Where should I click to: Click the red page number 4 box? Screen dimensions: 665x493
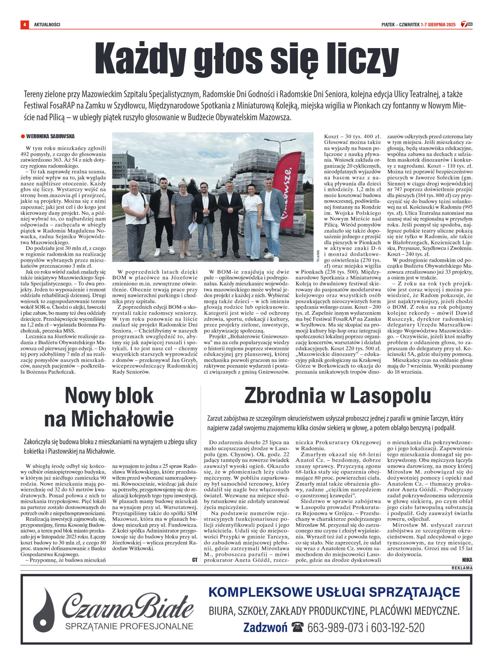click(x=25, y=24)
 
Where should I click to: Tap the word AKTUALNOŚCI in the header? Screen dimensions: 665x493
click(x=47, y=25)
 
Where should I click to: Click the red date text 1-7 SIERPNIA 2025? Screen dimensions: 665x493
click(x=438, y=25)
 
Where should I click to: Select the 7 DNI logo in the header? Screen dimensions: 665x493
click(x=466, y=24)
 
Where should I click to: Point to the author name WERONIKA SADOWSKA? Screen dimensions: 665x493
click(x=50, y=136)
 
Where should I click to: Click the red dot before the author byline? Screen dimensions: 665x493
click(x=23, y=137)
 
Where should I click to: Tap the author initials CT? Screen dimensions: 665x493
click(x=195, y=560)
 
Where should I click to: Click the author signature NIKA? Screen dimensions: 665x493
click(x=467, y=560)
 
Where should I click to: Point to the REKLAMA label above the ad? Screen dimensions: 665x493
click(x=462, y=568)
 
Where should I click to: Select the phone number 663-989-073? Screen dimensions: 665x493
click(x=335, y=627)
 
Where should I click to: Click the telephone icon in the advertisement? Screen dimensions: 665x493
click(x=297, y=627)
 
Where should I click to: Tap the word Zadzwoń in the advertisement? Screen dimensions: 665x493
click(x=265, y=627)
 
